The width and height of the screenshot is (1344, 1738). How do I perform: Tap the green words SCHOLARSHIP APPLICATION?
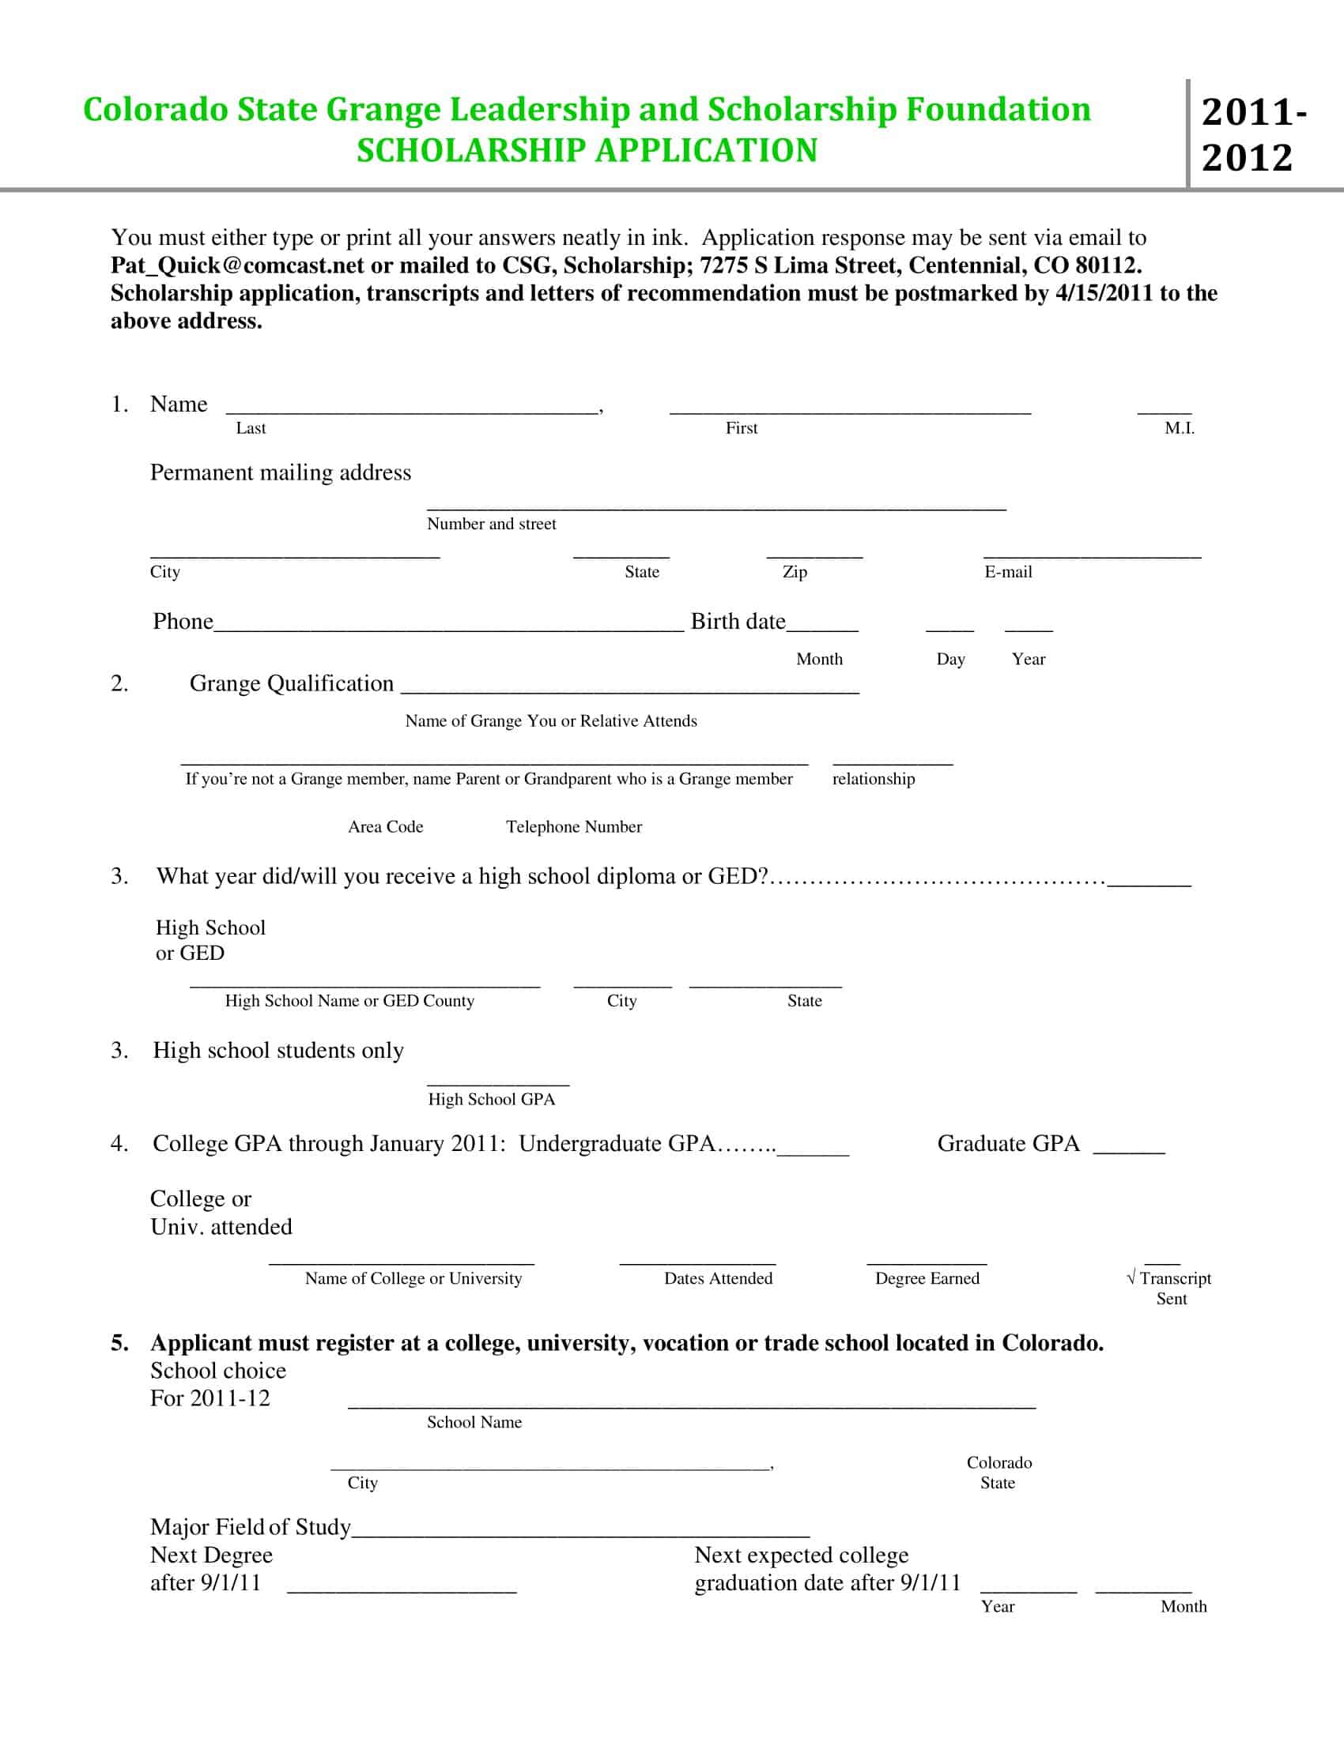[587, 150]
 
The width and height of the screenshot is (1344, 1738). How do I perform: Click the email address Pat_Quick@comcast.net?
[237, 265]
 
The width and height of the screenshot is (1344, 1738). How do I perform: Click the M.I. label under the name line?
[1180, 428]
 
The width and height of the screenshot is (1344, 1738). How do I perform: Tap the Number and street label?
[491, 524]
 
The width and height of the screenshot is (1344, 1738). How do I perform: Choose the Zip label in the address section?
[795, 571]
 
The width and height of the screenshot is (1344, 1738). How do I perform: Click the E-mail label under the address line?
[1008, 571]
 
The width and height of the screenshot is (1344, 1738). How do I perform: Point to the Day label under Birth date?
[950, 659]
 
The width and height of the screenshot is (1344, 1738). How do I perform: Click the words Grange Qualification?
[292, 683]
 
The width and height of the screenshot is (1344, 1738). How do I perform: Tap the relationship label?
[874, 778]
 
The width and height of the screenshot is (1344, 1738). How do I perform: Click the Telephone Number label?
[574, 827]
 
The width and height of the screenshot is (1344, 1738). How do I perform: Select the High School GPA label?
[491, 1099]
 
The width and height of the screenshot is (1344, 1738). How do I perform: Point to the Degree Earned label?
[927, 1278]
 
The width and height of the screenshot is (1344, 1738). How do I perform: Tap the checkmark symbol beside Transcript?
[1131, 1278]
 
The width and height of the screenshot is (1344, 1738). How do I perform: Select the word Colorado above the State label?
[999, 1462]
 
